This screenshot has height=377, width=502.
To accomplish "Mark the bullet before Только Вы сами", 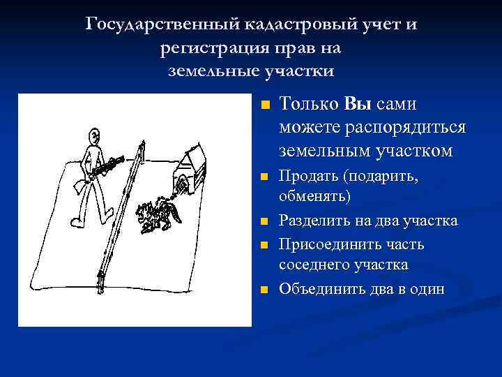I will pyautogui.click(x=264, y=106).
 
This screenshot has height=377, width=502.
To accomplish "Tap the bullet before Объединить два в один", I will pyautogui.click(x=264, y=290).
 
